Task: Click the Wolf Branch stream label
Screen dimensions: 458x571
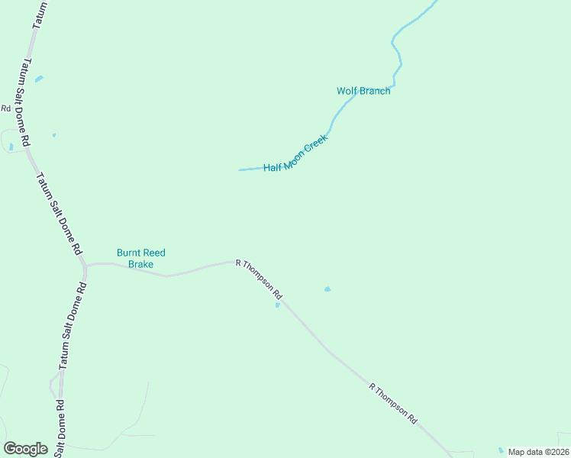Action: click(363, 91)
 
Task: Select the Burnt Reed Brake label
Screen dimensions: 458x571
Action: click(140, 258)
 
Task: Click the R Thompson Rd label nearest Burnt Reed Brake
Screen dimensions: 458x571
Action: click(260, 279)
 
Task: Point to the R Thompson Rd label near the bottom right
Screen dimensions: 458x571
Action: click(393, 403)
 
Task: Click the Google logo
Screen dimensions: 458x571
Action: click(25, 449)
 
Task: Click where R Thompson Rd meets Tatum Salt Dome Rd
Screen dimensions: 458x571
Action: click(85, 266)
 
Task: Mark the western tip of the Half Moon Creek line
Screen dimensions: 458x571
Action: click(240, 169)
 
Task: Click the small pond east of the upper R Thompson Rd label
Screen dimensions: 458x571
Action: click(327, 289)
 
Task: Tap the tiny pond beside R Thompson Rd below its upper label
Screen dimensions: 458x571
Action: click(278, 305)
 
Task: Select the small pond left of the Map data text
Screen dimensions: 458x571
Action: click(501, 450)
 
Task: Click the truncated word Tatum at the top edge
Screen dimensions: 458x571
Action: click(39, 15)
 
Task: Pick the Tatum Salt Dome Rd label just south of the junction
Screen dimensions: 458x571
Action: click(73, 326)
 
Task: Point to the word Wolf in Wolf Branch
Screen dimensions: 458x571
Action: click(347, 91)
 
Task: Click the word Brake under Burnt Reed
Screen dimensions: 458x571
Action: click(140, 264)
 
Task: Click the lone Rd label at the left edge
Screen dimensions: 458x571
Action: click(5, 108)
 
